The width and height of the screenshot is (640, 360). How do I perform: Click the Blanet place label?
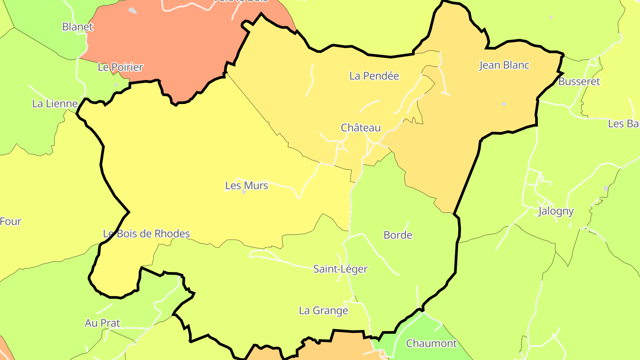(x=78, y=27)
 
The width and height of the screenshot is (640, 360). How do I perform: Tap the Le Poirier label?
(x=120, y=67)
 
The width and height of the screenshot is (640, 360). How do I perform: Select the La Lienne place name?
(x=55, y=104)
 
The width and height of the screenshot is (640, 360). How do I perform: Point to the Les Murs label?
(x=247, y=185)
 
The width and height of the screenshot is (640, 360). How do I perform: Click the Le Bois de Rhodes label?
(x=146, y=233)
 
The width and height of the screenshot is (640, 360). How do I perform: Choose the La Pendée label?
(x=374, y=76)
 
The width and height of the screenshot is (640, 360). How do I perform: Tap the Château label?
(x=361, y=128)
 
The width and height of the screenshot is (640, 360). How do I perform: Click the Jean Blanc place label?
(x=504, y=65)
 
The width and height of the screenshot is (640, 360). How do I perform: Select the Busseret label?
(x=579, y=81)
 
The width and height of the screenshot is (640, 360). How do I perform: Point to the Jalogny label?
(x=556, y=211)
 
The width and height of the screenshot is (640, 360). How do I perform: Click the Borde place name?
(x=398, y=235)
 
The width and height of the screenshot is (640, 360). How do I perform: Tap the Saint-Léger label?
(x=340, y=269)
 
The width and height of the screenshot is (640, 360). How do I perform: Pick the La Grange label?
(x=324, y=310)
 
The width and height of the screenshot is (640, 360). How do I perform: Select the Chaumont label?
(x=431, y=343)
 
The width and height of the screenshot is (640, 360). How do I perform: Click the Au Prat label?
(x=102, y=323)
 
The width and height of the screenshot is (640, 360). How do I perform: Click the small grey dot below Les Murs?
(x=244, y=192)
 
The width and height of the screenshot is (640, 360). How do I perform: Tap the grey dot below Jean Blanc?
(x=503, y=104)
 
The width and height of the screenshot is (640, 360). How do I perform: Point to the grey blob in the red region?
(x=132, y=10)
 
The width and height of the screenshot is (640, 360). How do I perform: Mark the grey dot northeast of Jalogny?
(x=606, y=189)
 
